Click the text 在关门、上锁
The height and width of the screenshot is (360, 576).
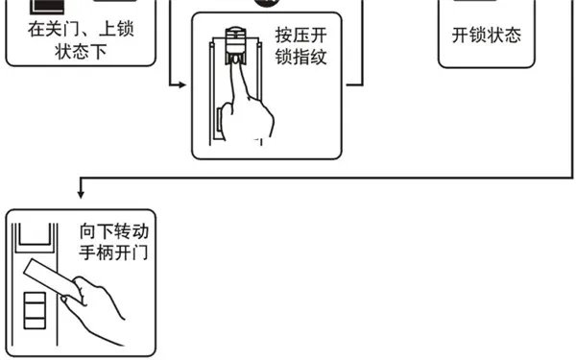click(x=81, y=29)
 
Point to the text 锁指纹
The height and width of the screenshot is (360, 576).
click(x=303, y=58)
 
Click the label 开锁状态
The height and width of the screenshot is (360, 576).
click(x=487, y=36)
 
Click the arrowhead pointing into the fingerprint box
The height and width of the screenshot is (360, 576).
click(x=185, y=85)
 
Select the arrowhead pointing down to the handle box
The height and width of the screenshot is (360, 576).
click(x=80, y=197)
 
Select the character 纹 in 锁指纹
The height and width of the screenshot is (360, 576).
click(x=321, y=58)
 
